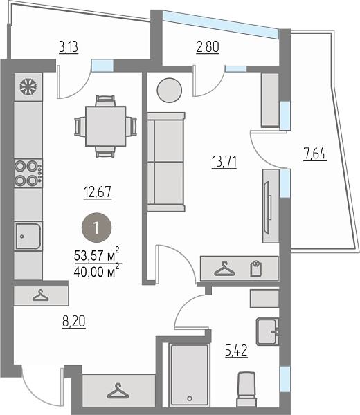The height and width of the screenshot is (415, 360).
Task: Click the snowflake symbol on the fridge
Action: pyautogui.click(x=28, y=86)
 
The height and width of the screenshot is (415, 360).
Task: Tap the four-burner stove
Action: pyautogui.click(x=28, y=174)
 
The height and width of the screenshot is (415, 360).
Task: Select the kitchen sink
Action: pyautogui.click(x=28, y=237)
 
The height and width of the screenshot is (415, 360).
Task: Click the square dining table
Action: pyautogui.click(x=105, y=127)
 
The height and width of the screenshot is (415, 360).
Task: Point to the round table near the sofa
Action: pyautogui.click(x=170, y=90)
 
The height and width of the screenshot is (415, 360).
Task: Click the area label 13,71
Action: pyautogui.click(x=224, y=162)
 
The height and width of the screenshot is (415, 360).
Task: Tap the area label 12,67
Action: pyautogui.click(x=98, y=192)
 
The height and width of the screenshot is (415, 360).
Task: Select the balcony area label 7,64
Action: pyautogui.click(x=315, y=154)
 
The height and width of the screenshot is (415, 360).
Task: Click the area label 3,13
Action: pyautogui.click(x=69, y=47)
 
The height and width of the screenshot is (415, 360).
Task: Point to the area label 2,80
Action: pyautogui.click(x=208, y=47)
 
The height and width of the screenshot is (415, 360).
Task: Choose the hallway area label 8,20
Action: pyautogui.click(x=74, y=322)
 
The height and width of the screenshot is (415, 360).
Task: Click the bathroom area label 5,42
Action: pyautogui.click(x=236, y=351)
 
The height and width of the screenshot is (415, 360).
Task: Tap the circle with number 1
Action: pyautogui.click(x=96, y=228)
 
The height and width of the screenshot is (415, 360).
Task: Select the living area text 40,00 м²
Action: pyautogui.click(x=97, y=270)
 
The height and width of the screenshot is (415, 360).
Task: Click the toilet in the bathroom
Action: pyautogui.click(x=246, y=389)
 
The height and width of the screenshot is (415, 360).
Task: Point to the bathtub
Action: pyautogui.click(x=189, y=375)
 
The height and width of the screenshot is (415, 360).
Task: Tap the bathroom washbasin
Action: pyautogui.click(x=267, y=331)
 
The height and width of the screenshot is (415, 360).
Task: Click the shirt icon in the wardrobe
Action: pyautogui.click(x=256, y=268)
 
